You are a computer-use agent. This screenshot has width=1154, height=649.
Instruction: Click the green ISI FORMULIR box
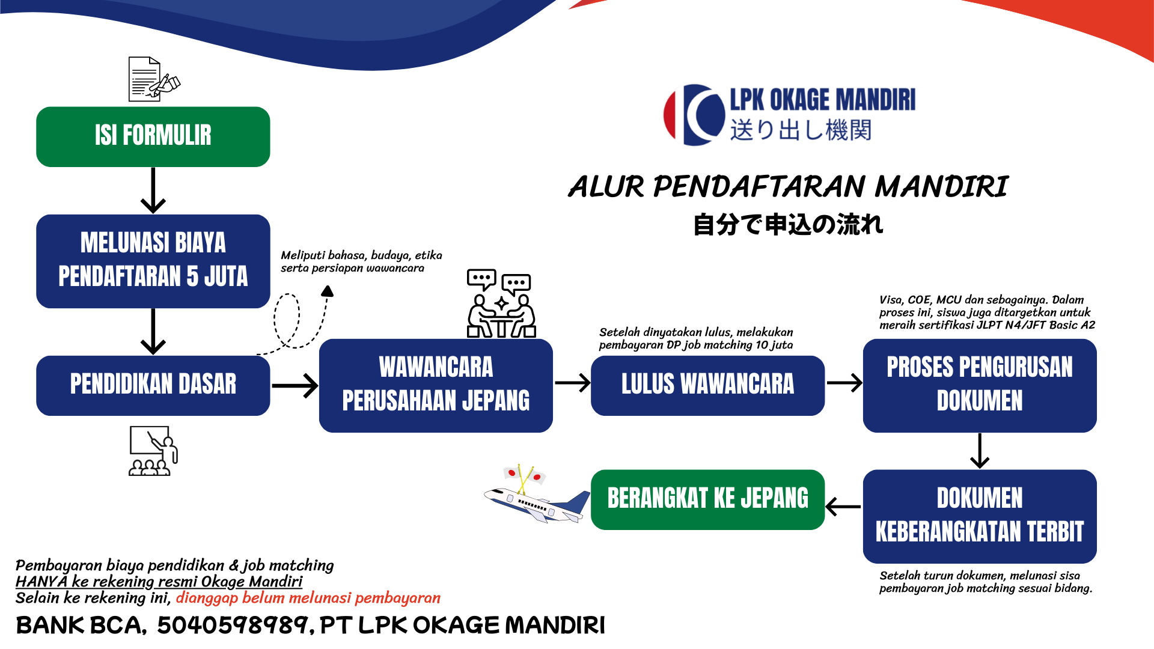point(153,136)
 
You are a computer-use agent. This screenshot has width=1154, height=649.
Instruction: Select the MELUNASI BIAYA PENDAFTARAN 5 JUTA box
point(153,261)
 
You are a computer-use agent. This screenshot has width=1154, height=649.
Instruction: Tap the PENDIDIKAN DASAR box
point(153,385)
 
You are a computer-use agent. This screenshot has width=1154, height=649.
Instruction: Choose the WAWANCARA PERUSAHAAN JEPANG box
point(436,385)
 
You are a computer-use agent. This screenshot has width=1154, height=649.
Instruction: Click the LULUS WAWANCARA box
point(707,385)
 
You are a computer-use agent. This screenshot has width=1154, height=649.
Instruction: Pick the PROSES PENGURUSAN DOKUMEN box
point(979,385)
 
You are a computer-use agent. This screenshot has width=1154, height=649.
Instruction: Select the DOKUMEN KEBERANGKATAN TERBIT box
point(979,516)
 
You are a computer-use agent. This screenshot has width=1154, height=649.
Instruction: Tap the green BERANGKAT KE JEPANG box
point(707,499)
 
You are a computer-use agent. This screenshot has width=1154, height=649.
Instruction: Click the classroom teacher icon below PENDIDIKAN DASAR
point(153,451)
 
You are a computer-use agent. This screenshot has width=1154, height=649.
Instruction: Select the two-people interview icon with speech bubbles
point(501,303)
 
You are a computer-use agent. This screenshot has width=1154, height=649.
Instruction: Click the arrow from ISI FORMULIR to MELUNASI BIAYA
point(153,190)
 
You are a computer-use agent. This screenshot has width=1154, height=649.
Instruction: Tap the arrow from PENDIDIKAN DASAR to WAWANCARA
point(295,385)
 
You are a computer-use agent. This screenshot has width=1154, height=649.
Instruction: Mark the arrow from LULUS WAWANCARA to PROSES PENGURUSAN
point(844,383)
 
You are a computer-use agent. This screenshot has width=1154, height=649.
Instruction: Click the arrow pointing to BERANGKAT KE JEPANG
point(843,507)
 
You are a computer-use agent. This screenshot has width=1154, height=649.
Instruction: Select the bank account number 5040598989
point(233,626)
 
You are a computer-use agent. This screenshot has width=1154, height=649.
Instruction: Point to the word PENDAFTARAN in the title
point(760,186)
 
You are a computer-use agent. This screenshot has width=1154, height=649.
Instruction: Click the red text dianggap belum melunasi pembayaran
point(308,598)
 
